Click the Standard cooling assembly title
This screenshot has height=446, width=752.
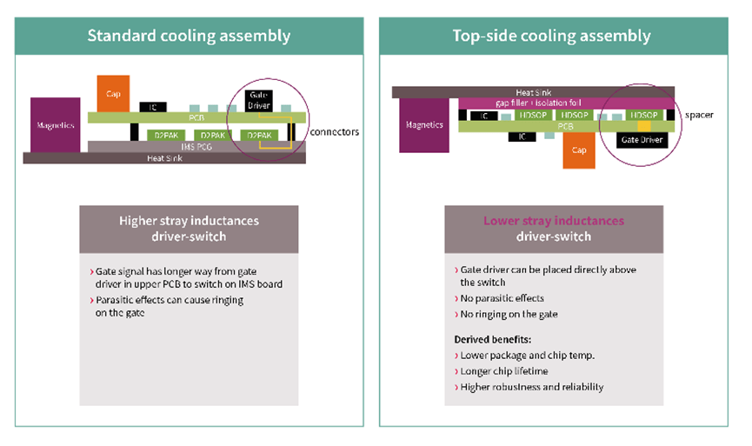[x=189, y=37]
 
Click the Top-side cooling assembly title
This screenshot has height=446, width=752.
[x=551, y=37]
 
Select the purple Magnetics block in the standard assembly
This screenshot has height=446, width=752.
[x=56, y=125]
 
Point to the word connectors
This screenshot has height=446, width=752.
[x=334, y=132]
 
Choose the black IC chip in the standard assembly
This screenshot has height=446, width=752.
[x=153, y=107]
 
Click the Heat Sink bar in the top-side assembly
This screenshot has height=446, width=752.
[x=532, y=92]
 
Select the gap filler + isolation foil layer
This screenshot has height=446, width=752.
[x=532, y=103]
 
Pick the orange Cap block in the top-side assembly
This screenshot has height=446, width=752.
[x=577, y=149]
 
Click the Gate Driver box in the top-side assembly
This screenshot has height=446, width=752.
[x=642, y=138]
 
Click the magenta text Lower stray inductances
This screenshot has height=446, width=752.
[x=553, y=221]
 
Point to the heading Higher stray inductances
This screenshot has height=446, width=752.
[x=189, y=221]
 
